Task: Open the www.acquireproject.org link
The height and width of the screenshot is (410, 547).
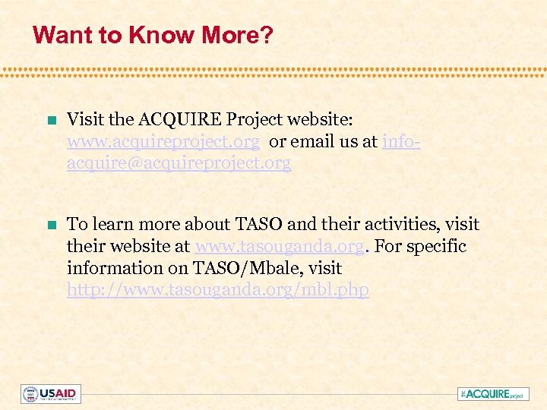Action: tap(163, 141)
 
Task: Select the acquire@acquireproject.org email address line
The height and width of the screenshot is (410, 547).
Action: tap(179, 163)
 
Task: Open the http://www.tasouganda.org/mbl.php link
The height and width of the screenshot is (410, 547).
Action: tap(218, 290)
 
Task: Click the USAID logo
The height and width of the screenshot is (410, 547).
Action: tap(51, 394)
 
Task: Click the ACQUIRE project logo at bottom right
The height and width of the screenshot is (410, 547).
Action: tap(493, 394)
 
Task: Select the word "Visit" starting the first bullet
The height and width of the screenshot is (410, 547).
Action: tap(84, 119)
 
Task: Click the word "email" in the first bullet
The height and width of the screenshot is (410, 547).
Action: tap(312, 141)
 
